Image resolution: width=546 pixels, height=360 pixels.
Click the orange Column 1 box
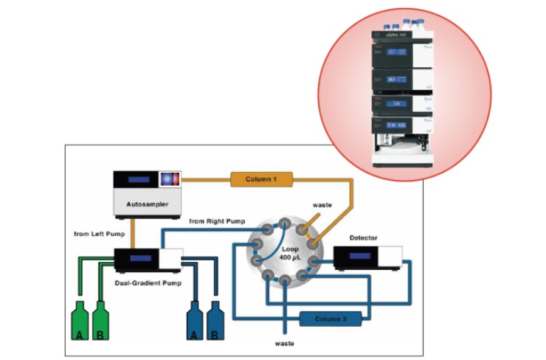(261, 179)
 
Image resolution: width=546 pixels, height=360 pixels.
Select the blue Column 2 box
(331, 319)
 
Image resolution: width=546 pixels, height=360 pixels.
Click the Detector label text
(364, 239)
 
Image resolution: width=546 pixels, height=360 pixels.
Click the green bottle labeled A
(79, 321)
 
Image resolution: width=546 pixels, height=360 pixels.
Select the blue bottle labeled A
(196, 321)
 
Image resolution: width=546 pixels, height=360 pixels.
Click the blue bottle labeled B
(215, 321)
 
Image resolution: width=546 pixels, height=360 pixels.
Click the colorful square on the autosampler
(170, 179)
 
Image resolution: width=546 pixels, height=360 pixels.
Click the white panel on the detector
(392, 257)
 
